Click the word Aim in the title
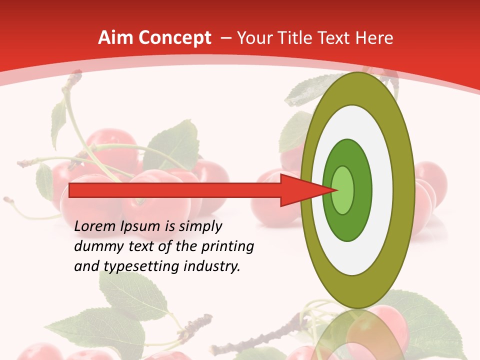pos(116,38)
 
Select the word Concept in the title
pos(175,38)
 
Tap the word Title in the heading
pos(297,38)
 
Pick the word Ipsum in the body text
pos(141,226)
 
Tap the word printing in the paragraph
pos(227,246)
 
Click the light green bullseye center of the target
pos(343,190)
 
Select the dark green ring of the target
pos(362,190)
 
